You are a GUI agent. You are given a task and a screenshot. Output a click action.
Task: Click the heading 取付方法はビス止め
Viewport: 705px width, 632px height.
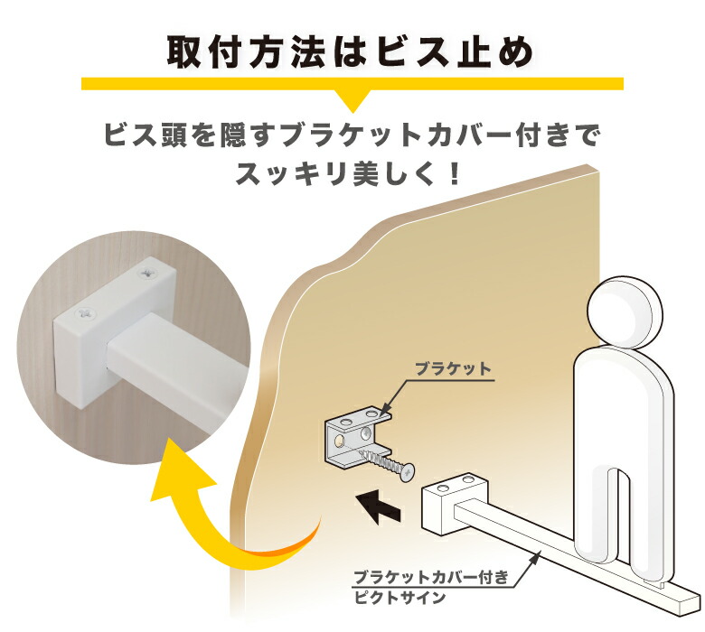pos(351,51)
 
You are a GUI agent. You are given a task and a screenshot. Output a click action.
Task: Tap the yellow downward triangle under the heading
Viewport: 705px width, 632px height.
pos(352,98)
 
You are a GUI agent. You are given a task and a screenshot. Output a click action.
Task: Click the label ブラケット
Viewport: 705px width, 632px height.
pos(452,369)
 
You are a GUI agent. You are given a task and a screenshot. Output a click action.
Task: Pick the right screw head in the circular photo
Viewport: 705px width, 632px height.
pos(147,269)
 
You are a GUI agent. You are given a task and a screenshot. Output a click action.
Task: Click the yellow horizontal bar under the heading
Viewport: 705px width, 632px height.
pos(352,83)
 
